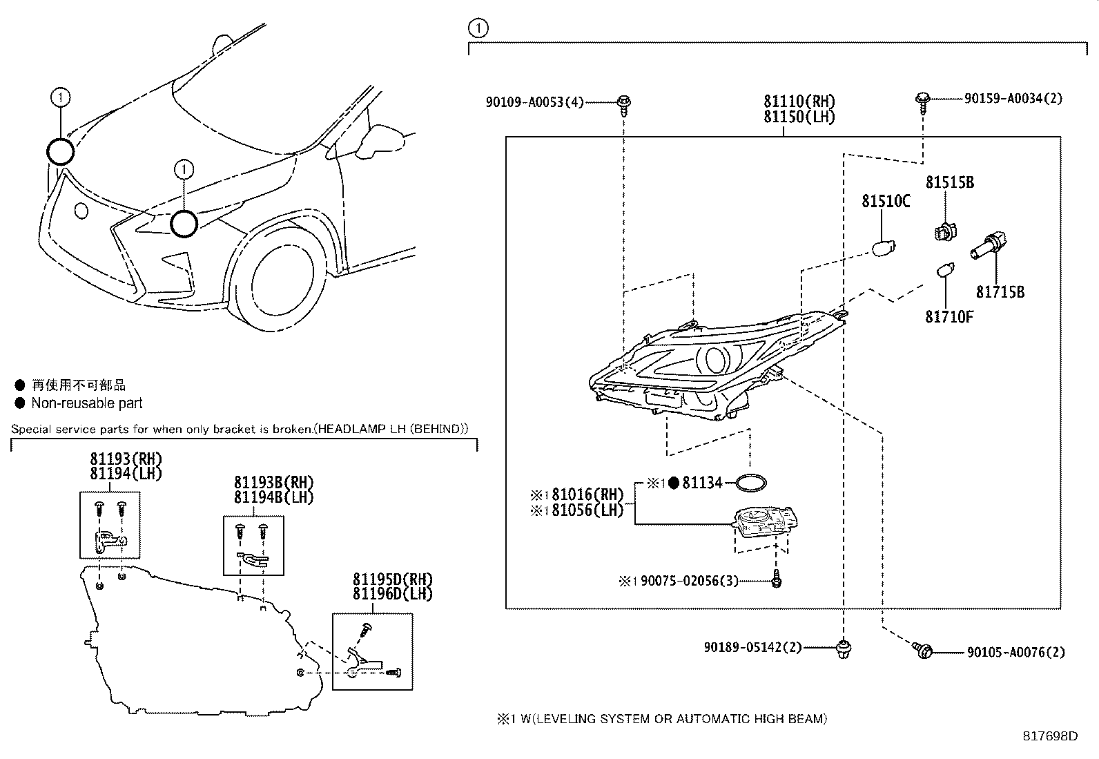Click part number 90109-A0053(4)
535,102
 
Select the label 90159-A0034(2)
1013,99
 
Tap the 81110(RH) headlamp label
799,101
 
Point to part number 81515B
950,182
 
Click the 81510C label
886,201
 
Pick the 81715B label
1000,292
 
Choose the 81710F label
949,317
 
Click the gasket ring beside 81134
750,483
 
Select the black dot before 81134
674,483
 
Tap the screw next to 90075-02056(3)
776,579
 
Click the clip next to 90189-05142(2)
844,648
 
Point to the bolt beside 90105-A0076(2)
922,651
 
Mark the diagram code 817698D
1051,736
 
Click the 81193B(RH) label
274,482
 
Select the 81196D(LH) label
393,594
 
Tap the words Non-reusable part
87,403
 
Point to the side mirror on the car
380,140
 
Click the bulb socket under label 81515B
946,232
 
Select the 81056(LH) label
587,510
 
